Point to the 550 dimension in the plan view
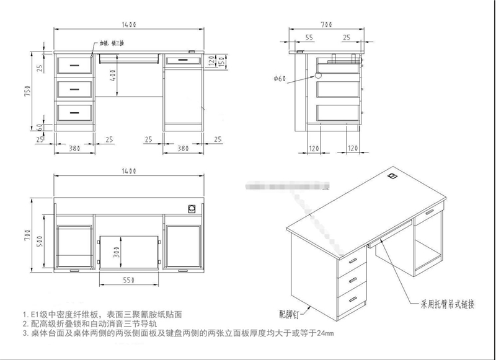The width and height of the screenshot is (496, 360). [x=128, y=280]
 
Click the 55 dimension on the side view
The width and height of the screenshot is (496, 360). [x=309, y=38]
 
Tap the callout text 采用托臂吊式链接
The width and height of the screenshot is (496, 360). [x=448, y=305]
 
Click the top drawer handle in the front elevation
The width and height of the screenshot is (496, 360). [x=74, y=63]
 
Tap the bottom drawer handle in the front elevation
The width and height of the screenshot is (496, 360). [x=74, y=113]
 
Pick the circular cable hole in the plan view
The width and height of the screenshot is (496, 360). [x=193, y=208]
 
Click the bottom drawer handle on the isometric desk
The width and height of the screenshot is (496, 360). [x=353, y=299]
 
